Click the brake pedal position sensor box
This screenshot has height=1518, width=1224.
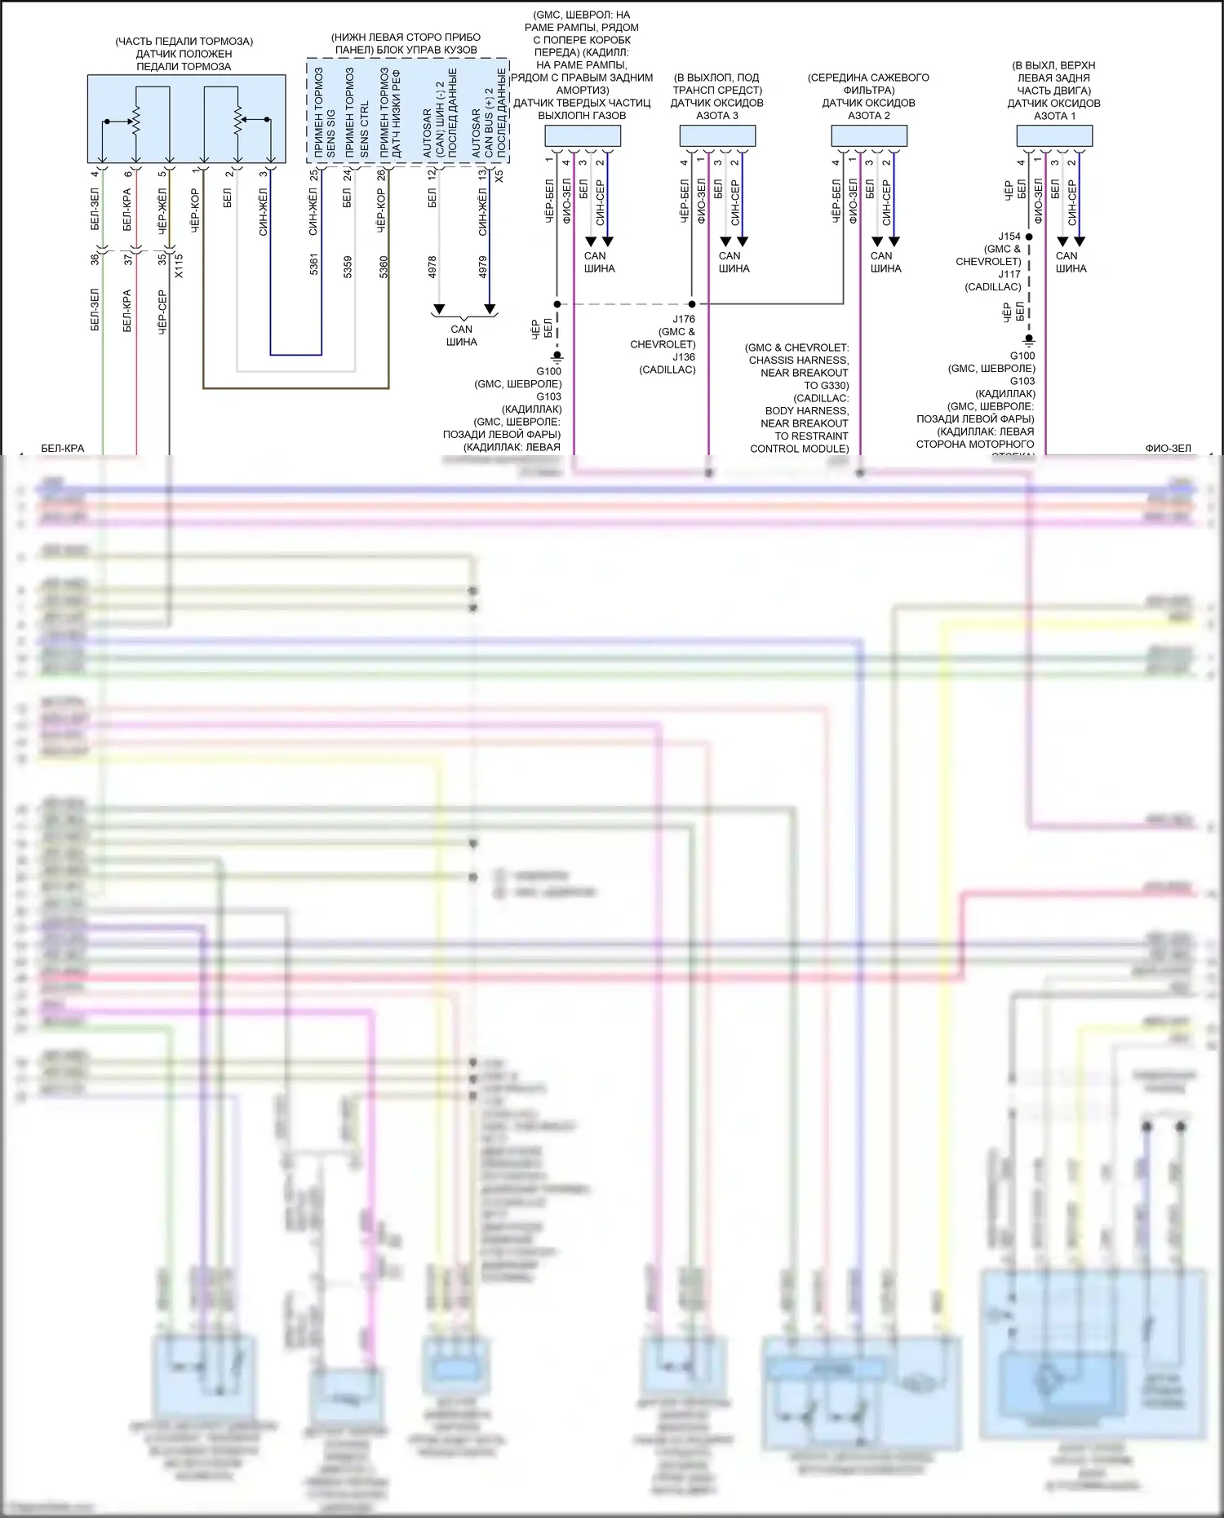point(186,119)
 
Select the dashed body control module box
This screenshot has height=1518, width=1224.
point(407,111)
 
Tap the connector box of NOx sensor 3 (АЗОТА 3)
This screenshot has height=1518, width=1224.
point(717,136)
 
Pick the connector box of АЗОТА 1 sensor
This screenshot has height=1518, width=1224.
point(1053,136)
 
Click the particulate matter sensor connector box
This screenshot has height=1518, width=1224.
point(583,136)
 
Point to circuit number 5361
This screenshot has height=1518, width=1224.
point(314,265)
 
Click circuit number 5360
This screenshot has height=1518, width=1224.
point(384,267)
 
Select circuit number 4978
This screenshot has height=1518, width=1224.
point(432,267)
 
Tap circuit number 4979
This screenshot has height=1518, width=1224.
point(482,267)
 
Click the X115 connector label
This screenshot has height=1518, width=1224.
point(179,266)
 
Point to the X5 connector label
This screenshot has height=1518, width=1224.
point(499,175)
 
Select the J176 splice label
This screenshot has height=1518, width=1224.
point(684,319)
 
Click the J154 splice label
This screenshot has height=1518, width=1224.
point(1009,237)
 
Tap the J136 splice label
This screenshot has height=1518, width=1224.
point(684,356)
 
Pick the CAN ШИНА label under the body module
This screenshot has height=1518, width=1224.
point(462,335)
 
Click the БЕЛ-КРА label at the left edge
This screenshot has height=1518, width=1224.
point(63,448)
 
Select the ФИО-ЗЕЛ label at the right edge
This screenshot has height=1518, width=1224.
point(1168,448)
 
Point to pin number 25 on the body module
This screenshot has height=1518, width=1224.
point(314,175)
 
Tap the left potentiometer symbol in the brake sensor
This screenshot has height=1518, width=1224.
point(135,122)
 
